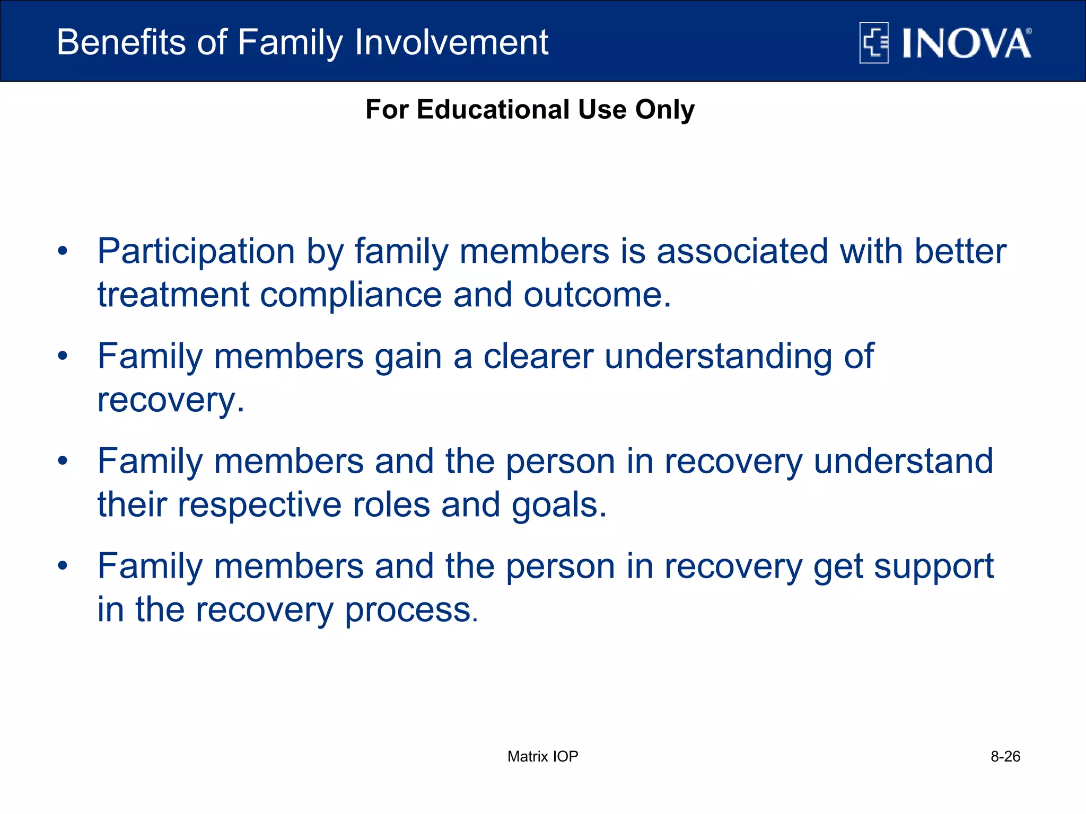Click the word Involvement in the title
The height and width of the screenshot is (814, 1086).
tap(451, 42)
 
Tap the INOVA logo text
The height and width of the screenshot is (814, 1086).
tap(966, 43)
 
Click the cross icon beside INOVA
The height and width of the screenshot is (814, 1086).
tap(874, 43)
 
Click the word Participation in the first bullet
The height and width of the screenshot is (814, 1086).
tap(196, 251)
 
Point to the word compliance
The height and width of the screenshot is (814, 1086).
tap(350, 295)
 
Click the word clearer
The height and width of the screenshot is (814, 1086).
tap(538, 356)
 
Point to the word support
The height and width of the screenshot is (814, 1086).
tap(933, 567)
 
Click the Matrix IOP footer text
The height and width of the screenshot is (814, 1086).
tap(542, 756)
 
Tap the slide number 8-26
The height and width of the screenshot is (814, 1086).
tap(1005, 756)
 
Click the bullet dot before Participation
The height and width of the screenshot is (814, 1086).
tap(63, 251)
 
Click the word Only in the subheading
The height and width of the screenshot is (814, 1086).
tap(664, 110)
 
